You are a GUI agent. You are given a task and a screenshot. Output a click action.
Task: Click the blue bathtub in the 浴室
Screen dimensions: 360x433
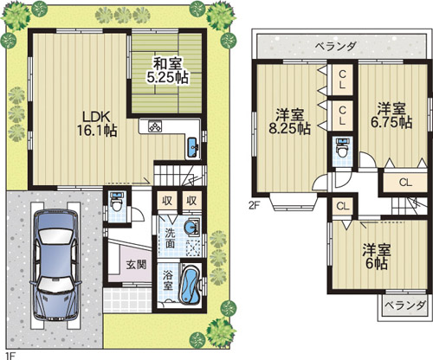click(x=191, y=286)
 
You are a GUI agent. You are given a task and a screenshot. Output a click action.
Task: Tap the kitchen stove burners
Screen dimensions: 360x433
click(x=156, y=126)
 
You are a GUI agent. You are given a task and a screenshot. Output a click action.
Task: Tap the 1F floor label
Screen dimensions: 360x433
click(x=10, y=354)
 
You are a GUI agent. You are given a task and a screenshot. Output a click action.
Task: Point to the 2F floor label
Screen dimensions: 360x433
click(x=254, y=206)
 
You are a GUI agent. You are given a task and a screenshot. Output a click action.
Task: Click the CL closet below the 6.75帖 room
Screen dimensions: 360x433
click(x=404, y=182)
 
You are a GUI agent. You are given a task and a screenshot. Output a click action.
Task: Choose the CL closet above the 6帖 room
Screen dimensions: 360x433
click(x=342, y=205)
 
